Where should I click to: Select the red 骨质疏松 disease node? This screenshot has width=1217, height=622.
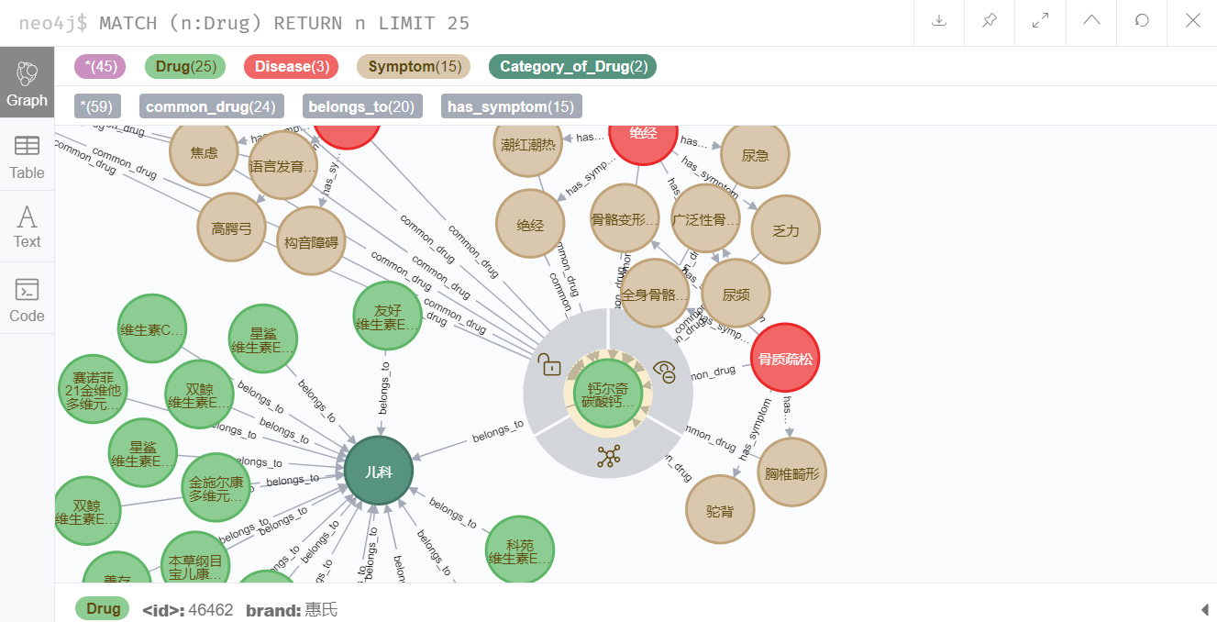784,358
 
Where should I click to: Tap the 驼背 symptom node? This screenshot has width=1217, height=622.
720,508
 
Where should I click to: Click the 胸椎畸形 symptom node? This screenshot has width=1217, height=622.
791,472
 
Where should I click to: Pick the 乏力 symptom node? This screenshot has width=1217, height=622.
785,230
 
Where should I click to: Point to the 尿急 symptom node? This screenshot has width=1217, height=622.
755,156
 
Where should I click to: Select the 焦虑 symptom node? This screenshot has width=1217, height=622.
204,152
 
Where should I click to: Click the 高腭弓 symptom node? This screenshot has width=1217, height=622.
231,228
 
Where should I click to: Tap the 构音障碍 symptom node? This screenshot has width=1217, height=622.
311,241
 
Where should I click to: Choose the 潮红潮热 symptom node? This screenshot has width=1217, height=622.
528,144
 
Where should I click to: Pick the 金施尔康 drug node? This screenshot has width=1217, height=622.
216,488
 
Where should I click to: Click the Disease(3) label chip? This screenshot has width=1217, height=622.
291,66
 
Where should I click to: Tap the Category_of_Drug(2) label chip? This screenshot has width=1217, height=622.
573,66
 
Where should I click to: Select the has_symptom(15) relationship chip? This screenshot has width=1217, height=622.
511,106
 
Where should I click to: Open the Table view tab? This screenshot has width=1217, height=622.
27,157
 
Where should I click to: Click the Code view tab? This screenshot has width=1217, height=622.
27,300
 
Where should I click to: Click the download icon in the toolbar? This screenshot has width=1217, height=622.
939,21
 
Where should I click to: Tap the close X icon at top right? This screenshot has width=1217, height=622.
1192,21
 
